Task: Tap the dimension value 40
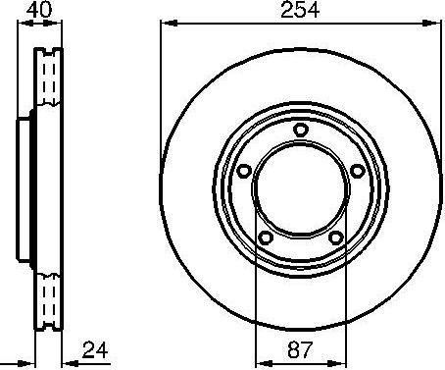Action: [40, 11]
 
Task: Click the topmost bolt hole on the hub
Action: [301, 132]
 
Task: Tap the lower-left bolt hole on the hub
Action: [266, 238]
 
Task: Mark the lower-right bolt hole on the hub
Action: [335, 238]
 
